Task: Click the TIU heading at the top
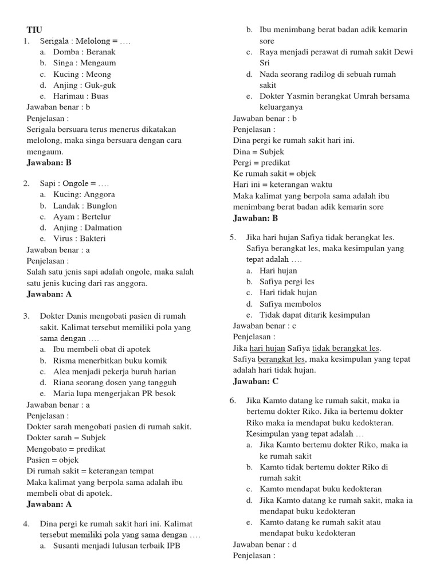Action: point(34,30)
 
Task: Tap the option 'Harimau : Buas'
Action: point(80,96)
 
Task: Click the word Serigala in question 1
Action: point(55,41)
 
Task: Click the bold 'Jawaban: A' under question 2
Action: point(49,294)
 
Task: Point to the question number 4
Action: point(26,524)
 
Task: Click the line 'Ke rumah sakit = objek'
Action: point(274,173)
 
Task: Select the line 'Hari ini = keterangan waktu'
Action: point(282,185)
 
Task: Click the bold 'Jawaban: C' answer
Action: point(256,381)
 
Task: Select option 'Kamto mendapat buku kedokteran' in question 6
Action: point(320,489)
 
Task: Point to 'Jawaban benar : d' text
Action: point(265,544)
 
